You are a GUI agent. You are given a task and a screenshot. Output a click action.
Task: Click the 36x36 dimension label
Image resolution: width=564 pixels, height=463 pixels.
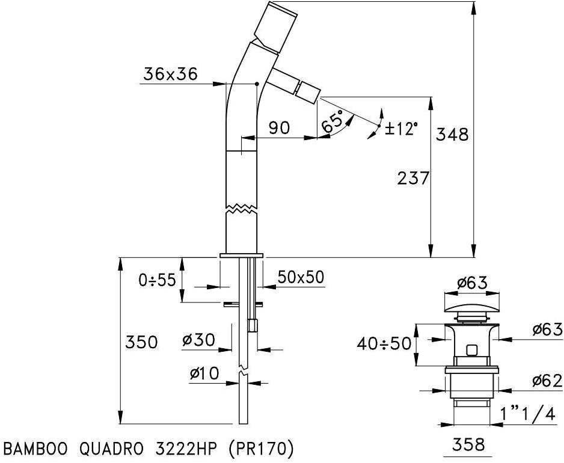click(x=170, y=74)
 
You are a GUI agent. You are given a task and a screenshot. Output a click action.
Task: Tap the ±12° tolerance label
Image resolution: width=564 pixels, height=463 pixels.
click(x=400, y=128)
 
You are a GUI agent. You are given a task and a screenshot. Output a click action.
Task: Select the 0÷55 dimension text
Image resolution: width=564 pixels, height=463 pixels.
click(x=157, y=280)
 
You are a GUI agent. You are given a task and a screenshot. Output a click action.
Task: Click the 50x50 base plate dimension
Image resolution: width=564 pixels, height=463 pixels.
click(x=301, y=277)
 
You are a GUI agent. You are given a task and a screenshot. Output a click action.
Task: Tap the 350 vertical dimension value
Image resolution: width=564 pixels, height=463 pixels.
click(x=141, y=342)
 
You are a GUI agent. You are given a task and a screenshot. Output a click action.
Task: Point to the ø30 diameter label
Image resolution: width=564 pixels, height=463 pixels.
click(x=198, y=340)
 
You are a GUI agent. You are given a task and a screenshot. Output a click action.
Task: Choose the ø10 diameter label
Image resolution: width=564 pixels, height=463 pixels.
click(x=205, y=373)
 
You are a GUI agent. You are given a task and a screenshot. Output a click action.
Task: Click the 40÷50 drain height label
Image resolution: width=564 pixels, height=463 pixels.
click(x=384, y=344)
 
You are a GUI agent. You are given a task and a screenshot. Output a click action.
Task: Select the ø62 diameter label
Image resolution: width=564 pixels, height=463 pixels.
click(x=547, y=381)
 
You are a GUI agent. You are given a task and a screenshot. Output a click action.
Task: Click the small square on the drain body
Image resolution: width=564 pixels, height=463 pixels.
click(x=472, y=349)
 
